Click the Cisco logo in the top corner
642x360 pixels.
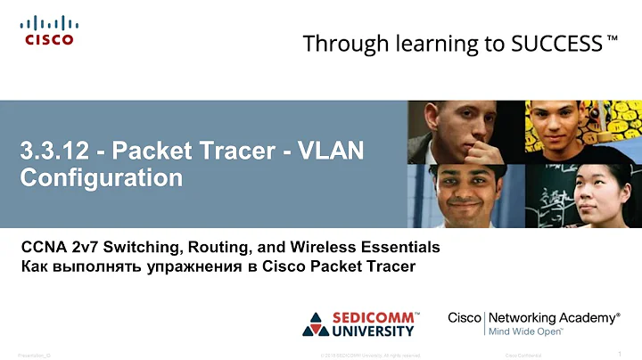(48, 29)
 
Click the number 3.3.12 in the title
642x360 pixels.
(56, 151)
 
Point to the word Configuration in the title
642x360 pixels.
(101, 177)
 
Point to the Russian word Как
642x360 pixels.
(35, 265)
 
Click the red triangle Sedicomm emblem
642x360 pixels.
(317, 323)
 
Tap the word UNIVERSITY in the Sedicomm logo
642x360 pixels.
(374, 331)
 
